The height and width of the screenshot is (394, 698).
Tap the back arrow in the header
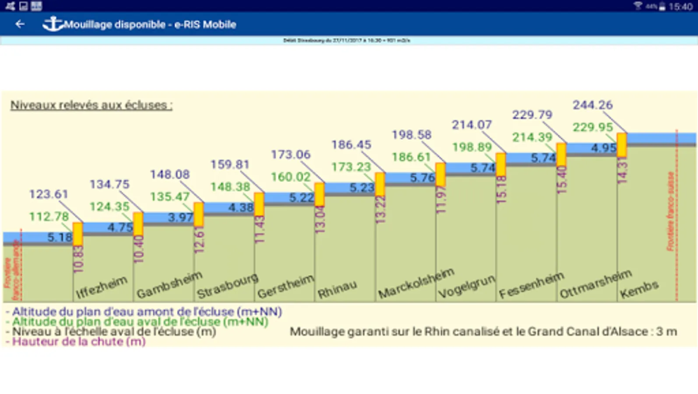point(20,24)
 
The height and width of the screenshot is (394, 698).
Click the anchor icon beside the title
point(52,24)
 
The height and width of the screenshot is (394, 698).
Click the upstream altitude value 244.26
point(592,105)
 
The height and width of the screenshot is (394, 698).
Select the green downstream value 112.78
point(49,217)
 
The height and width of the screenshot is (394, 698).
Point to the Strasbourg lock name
point(227,286)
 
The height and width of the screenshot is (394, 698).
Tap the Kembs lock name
point(639,289)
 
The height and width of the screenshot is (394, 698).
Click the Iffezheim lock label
point(102,287)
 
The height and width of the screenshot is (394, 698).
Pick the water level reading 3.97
point(180,217)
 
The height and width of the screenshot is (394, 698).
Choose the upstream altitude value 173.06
point(290,155)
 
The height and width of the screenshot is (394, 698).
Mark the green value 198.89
point(472,147)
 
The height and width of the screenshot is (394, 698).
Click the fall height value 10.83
point(79,259)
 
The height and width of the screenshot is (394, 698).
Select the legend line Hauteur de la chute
point(79,341)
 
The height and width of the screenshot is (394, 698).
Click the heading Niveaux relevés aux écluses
point(92,105)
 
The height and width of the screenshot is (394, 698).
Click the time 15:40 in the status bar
point(680,6)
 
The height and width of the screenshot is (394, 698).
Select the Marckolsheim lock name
point(416,283)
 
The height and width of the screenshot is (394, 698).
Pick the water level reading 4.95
point(603,148)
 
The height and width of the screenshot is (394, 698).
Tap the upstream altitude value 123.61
point(49,194)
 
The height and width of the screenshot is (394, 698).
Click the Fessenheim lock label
point(531,285)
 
